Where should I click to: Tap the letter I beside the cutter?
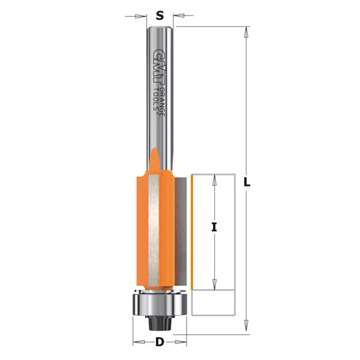[x=214, y=227]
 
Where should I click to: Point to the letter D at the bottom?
[x=160, y=343]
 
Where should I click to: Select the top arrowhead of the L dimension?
[x=246, y=31]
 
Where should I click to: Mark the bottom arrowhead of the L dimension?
[x=246, y=328]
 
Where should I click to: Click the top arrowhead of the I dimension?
[x=214, y=179]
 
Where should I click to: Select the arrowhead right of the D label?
[x=182, y=343]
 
